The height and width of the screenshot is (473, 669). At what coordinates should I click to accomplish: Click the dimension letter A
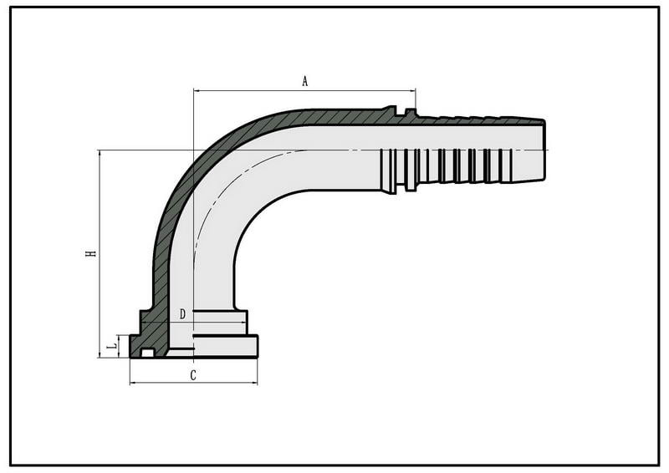pos(304,81)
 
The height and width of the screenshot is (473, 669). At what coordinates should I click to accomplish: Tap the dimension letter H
pos(91,253)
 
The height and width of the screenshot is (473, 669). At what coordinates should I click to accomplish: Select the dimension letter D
pos(182,315)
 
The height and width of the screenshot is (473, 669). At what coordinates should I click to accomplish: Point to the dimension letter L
pos(113,346)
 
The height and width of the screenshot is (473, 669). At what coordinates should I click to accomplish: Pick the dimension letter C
pos(193,376)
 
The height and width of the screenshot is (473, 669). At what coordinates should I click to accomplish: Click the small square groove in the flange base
pos(147,353)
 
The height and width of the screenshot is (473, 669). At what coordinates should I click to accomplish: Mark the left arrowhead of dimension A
pos(197,90)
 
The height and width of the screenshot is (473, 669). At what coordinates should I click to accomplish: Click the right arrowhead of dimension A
pos(412,90)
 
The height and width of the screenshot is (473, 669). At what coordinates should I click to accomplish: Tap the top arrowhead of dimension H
pos(100,154)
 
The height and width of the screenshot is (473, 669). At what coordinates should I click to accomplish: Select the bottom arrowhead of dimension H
pos(100,354)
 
